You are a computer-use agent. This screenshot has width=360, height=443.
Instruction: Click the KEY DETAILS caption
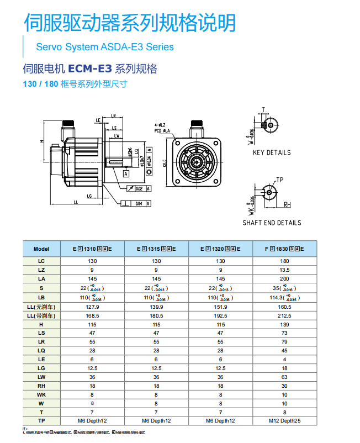(272, 153)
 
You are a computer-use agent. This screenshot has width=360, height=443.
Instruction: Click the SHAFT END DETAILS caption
(272, 223)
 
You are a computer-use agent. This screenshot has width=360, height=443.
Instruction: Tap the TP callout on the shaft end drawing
(280, 180)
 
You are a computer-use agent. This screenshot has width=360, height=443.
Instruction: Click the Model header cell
(41, 249)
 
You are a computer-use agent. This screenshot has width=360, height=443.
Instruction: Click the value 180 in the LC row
(285, 261)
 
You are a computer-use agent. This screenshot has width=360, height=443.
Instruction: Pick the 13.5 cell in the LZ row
(285, 270)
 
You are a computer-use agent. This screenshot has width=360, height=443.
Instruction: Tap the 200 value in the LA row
(285, 278)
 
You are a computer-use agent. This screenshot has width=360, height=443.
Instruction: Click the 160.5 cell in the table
(285, 307)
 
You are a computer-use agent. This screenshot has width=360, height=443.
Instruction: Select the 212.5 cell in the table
(285, 315)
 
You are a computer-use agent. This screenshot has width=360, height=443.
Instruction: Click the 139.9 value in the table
(157, 307)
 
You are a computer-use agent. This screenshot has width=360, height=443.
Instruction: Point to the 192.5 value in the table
(221, 315)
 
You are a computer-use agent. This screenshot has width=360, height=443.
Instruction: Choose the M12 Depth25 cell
(285, 421)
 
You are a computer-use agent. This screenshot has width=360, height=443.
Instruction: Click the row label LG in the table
(41, 368)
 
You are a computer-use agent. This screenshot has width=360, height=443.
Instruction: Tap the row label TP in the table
(41, 421)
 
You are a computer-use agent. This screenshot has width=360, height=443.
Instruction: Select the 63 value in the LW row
(285, 377)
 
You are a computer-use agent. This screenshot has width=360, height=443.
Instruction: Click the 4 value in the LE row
(285, 359)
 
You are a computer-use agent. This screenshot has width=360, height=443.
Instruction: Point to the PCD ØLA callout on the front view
(162, 130)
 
